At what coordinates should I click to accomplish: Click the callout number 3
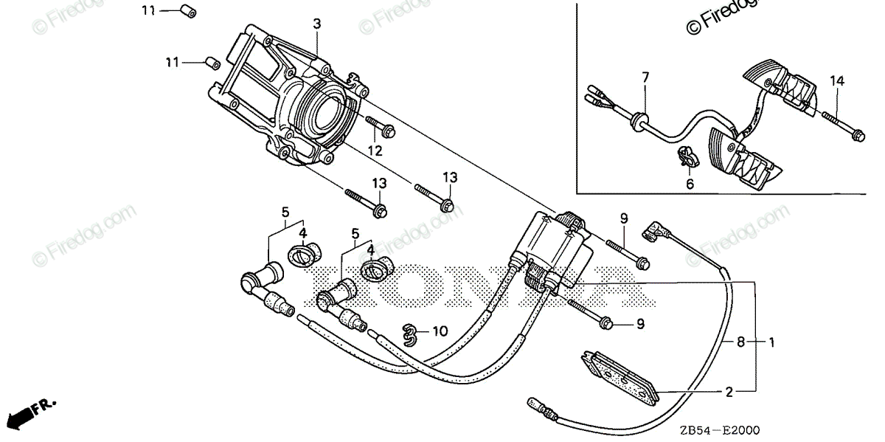coord(317,24)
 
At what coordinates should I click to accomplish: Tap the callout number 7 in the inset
coord(645,77)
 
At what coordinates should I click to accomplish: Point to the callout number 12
coord(375,151)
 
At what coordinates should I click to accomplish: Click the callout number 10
coord(440,332)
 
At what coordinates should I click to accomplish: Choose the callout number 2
coord(729,393)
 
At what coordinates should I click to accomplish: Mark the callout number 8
coord(740,342)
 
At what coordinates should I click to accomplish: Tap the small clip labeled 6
coord(687,156)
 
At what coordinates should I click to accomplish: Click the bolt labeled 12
coord(380,128)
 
